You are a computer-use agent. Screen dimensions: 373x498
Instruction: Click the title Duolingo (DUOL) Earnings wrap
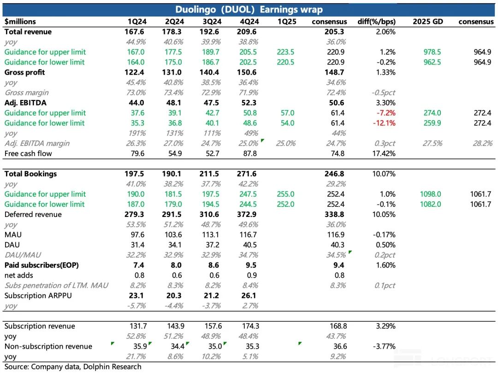[x=249, y=10]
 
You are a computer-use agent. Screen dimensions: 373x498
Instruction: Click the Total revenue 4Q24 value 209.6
[x=249, y=32]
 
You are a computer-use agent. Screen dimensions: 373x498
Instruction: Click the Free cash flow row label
[x=28, y=153]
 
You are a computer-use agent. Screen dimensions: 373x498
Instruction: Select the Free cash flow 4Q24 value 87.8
[x=249, y=153]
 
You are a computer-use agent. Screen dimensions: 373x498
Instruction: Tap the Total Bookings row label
[x=30, y=174]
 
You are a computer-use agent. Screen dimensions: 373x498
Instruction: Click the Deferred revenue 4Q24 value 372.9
[x=249, y=214]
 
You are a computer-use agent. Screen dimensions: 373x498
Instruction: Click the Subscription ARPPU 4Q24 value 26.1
[x=249, y=295]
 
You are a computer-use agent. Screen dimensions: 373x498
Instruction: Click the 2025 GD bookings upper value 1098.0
[x=432, y=194]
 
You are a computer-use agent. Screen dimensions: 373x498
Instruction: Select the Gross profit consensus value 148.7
[x=335, y=72]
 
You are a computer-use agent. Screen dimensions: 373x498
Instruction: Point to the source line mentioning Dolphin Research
[x=73, y=367]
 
